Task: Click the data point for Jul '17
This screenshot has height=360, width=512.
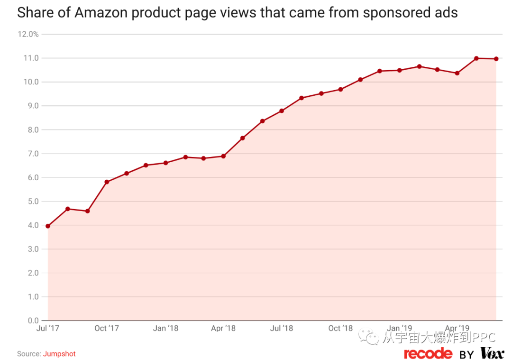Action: [x=48, y=226]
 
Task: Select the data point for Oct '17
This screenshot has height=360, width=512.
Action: [x=107, y=182]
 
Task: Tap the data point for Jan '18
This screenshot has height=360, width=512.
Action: [x=165, y=163]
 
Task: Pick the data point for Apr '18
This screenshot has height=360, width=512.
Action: [x=223, y=156]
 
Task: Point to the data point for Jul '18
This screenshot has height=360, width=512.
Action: [x=282, y=111]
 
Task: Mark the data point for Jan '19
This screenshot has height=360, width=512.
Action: [x=399, y=70]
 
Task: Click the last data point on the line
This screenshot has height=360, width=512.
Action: [x=496, y=59]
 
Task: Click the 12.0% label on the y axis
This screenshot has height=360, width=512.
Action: [x=28, y=35]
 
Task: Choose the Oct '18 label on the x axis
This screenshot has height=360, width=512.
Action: [x=340, y=328]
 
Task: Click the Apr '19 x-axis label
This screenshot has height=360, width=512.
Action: [x=457, y=328]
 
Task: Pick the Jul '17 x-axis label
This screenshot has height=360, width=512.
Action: [x=48, y=328]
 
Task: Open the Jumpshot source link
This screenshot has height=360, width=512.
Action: [x=59, y=354]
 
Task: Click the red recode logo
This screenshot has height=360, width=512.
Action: [x=428, y=353]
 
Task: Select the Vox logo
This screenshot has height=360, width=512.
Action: [x=492, y=353]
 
